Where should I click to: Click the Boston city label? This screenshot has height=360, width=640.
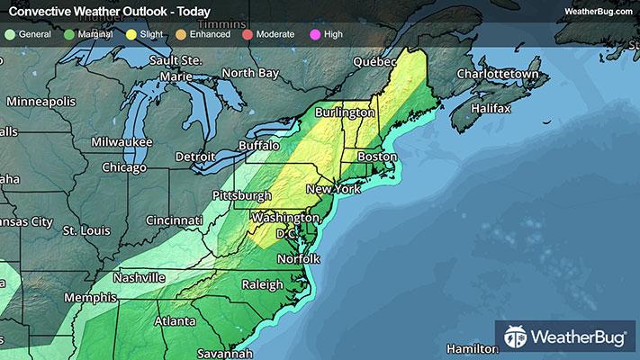tap(377, 157)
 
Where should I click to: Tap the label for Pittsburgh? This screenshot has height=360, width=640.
tap(241, 195)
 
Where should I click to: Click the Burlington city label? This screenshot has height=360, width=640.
tap(345, 113)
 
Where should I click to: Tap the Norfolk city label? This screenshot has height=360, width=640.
tap(298, 258)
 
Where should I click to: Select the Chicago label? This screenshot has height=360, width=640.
tap(124, 167)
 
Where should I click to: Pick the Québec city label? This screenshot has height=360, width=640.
tap(374, 62)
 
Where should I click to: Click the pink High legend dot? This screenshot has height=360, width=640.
tap(316, 34)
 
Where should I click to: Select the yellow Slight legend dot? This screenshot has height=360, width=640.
tap(131, 34)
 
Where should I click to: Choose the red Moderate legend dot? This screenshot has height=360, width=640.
tap(249, 34)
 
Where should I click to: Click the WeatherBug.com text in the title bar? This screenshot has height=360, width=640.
tap(598, 11)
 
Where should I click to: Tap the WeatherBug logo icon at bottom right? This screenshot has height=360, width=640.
tap(515, 338)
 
